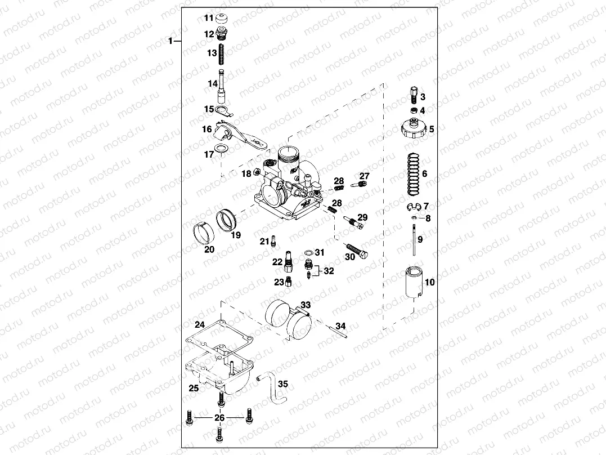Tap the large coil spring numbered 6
click(x=412, y=173)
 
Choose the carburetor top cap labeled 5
click(x=414, y=129)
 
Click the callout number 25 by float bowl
click(x=193, y=389)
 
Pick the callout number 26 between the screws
click(x=219, y=418)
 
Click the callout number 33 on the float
click(x=305, y=305)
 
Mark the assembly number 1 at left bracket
click(x=171, y=42)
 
